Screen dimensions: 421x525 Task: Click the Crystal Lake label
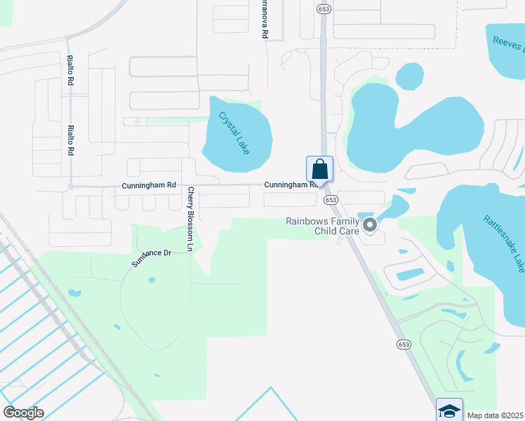[x=234, y=133]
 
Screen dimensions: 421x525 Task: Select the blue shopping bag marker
[x=319, y=169]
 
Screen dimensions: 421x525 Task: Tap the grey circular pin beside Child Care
[x=370, y=225]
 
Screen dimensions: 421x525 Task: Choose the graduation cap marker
[x=449, y=410]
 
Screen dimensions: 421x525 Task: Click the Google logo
[x=23, y=413]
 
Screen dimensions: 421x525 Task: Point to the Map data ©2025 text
[x=495, y=415]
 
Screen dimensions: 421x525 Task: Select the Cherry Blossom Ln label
[x=190, y=218]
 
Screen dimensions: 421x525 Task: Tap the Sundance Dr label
[x=151, y=258]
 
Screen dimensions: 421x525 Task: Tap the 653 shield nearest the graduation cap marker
[x=404, y=344]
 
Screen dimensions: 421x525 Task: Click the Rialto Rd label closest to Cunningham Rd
[x=71, y=140]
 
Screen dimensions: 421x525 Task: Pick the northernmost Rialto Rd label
[x=70, y=70]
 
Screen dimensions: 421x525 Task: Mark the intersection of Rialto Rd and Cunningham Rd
[x=71, y=187]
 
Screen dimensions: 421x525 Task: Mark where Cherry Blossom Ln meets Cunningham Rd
[x=183, y=186]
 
